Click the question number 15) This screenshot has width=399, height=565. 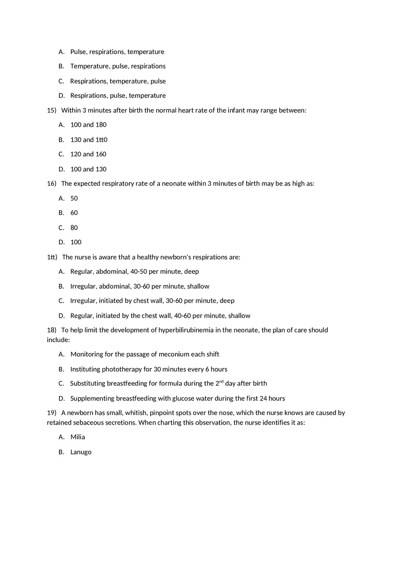(52, 110)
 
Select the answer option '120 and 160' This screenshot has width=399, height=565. (88, 154)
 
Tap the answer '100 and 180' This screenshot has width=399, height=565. (88, 125)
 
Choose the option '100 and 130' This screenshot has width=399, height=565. (88, 169)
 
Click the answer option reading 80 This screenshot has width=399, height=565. (74, 227)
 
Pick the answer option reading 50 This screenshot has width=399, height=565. (74, 198)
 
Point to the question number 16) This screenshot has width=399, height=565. (52, 184)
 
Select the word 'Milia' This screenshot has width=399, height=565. (78, 437)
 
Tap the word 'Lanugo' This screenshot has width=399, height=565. (81, 452)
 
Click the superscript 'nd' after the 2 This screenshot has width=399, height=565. (221, 381)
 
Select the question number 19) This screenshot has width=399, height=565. (52, 413)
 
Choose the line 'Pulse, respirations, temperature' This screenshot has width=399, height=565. (117, 52)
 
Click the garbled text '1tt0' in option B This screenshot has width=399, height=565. (102, 140)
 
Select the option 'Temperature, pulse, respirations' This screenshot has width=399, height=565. (118, 66)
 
